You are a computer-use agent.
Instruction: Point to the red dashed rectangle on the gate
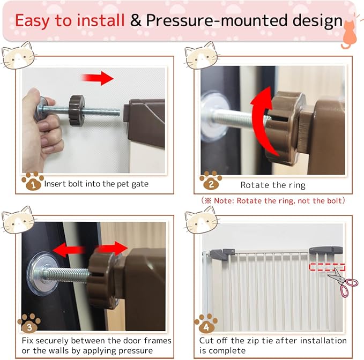tap(327, 267)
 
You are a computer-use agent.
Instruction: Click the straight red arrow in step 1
tap(98, 78)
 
